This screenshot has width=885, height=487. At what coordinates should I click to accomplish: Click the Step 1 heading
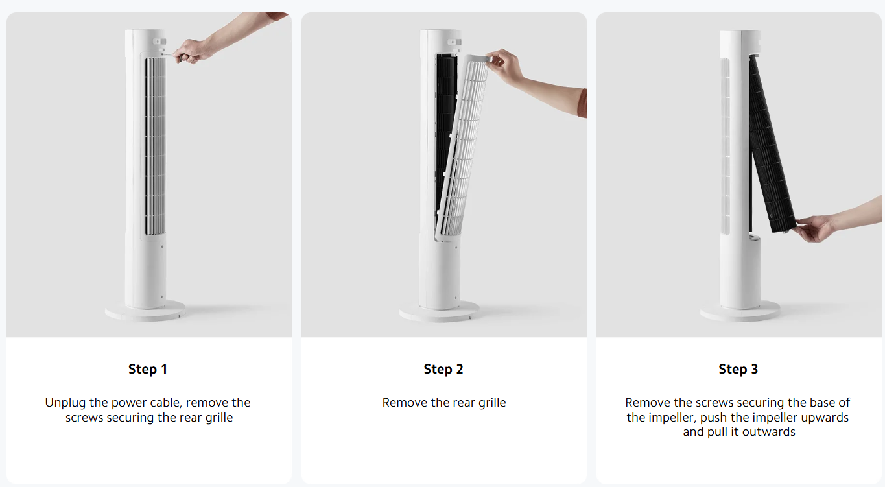(148, 369)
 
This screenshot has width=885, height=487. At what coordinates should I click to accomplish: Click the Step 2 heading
(443, 369)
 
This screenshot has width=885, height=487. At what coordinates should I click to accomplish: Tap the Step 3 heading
(738, 369)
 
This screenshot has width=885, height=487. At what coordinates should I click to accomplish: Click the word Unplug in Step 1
(65, 403)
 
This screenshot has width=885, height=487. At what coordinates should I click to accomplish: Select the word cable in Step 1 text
(167, 403)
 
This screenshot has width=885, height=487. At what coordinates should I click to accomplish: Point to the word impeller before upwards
(776, 418)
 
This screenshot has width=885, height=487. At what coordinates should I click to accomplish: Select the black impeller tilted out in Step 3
(772, 144)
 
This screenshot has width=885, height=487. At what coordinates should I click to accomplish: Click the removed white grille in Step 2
(463, 147)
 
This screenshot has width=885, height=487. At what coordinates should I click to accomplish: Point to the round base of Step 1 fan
(145, 311)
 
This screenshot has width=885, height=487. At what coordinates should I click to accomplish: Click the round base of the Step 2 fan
(440, 311)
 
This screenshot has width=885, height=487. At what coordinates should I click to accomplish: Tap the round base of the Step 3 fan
(740, 311)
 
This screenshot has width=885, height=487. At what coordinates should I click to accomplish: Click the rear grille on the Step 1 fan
(155, 147)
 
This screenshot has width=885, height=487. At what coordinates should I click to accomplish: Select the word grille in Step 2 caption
(492, 403)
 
